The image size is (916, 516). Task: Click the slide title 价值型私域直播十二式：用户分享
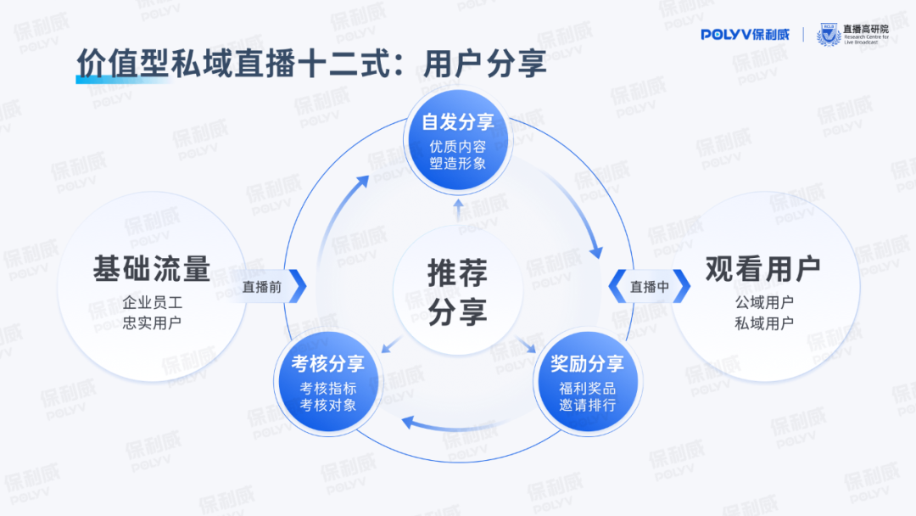click(x=311, y=64)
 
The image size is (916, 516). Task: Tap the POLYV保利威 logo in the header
click(x=745, y=34)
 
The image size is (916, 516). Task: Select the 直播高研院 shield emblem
click(x=827, y=35)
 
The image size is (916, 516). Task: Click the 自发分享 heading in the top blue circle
click(x=458, y=122)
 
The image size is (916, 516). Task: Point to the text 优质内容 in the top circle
click(x=458, y=146)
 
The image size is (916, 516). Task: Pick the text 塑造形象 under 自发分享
click(x=458, y=163)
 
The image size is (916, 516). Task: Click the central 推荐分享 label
click(x=458, y=293)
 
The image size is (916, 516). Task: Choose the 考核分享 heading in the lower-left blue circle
click(x=328, y=364)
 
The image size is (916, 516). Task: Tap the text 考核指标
click(x=328, y=388)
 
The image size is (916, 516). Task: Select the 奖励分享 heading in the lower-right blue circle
click(x=588, y=364)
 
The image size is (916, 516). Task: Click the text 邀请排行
click(x=588, y=406)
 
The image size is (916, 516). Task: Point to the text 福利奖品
click(x=588, y=388)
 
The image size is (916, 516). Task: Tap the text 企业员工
click(x=152, y=303)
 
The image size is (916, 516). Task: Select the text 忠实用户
click(x=152, y=322)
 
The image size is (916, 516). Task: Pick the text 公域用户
click(x=763, y=303)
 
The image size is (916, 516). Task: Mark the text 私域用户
click(x=763, y=322)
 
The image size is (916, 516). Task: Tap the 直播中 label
click(x=649, y=287)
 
